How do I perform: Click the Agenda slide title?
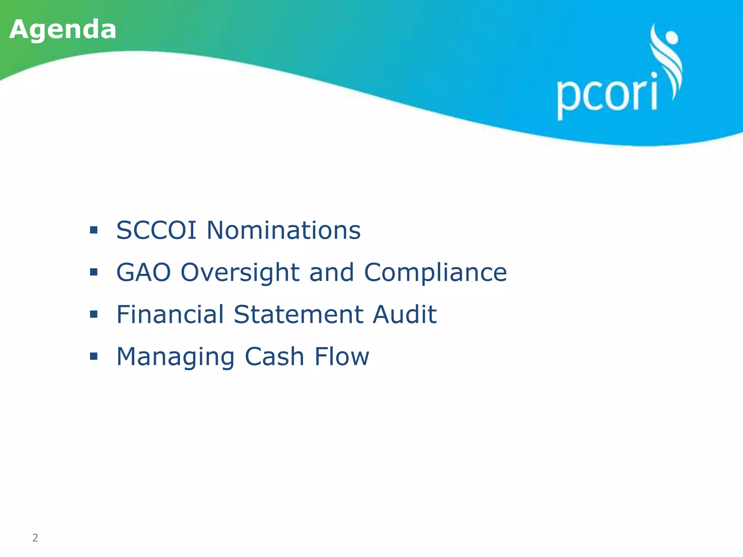(63, 29)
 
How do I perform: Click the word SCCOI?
(156, 230)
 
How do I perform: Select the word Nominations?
(283, 230)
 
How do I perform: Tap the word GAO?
(143, 272)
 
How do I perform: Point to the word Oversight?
(240, 273)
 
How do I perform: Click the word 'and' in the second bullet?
(331, 272)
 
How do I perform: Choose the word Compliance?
(435, 273)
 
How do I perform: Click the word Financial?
(170, 314)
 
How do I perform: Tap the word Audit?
(405, 314)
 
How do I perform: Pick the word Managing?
(175, 357)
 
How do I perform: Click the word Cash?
(274, 356)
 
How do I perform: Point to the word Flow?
(341, 356)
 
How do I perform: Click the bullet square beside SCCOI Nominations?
(94, 230)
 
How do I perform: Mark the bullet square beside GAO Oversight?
(94, 272)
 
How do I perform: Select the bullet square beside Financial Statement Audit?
(94, 314)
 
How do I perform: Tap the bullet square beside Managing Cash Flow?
(94, 356)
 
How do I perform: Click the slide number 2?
(35, 537)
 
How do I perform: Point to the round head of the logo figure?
(672, 37)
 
